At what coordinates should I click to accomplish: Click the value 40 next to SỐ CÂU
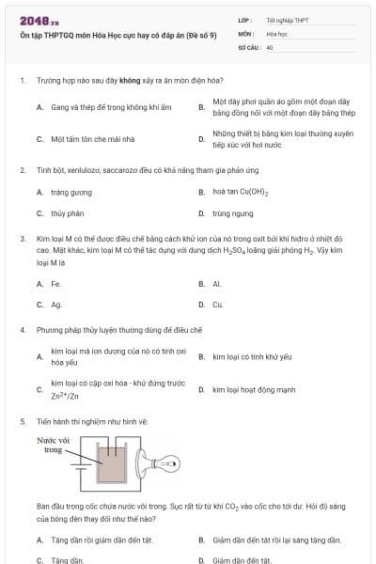270,46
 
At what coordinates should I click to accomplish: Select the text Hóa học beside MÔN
275,33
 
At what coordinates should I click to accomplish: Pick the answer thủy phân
68,213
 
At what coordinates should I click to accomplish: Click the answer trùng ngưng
232,213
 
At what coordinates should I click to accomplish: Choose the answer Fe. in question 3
56,283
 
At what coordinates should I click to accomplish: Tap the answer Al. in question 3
217,283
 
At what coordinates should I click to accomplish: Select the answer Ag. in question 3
56,305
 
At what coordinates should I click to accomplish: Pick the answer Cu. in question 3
218,305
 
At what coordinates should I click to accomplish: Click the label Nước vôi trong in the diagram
55,445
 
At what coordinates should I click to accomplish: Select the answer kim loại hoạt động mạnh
254,389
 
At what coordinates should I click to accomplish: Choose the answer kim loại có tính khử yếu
252,357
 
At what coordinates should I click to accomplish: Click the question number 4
22,331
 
